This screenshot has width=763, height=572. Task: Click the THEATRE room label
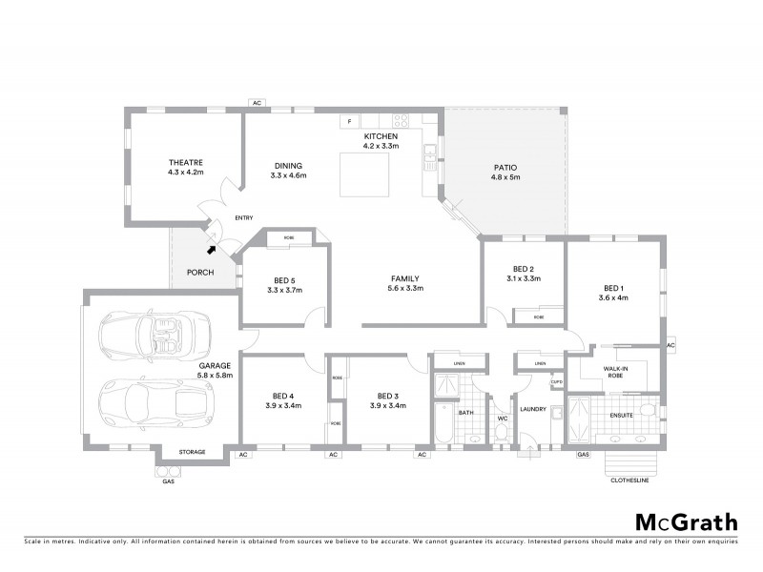point(185,163)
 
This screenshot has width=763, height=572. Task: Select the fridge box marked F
point(350,122)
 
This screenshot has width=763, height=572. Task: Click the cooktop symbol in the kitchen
point(402,121)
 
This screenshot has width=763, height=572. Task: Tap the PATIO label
point(505,166)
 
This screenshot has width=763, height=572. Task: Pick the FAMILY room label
point(403,278)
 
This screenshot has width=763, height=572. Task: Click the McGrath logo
point(686,521)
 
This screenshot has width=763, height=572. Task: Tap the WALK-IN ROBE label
point(614,371)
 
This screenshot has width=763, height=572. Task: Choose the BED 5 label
point(284,279)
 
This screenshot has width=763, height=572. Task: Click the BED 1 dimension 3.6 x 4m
point(613,297)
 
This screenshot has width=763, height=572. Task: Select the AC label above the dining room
point(256,103)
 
